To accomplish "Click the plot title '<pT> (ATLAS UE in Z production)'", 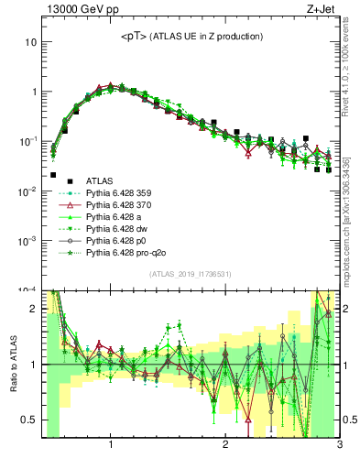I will pyautogui.click(x=191, y=37).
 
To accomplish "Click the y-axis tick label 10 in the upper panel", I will pyautogui.click(x=30, y=43).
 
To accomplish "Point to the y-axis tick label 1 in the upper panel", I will pyautogui.click(x=33, y=93).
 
